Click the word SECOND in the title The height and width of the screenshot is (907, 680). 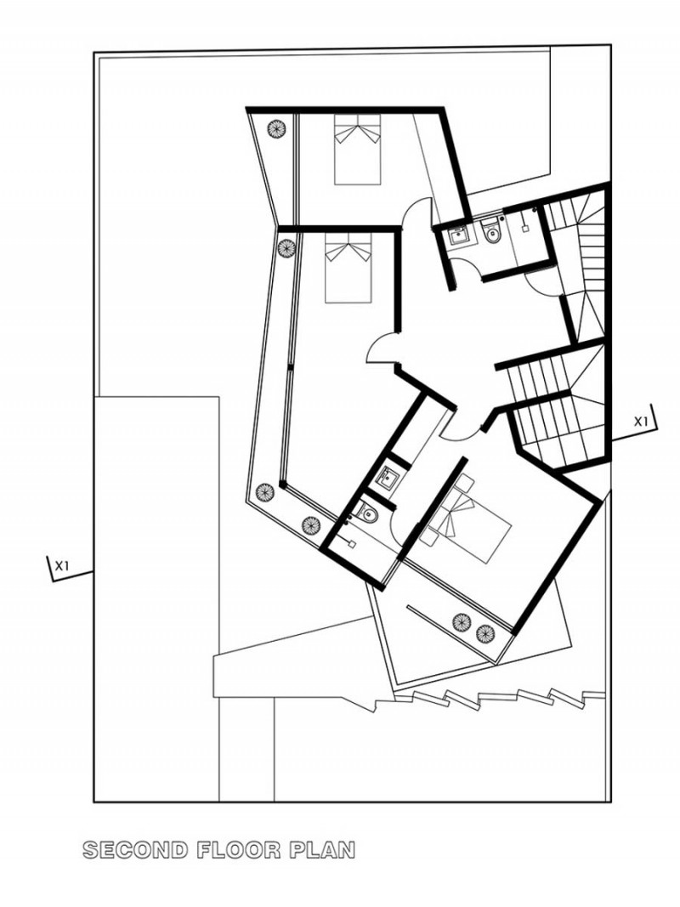tap(136, 850)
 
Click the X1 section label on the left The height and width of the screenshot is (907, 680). tap(62, 566)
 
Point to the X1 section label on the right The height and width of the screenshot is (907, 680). tap(641, 421)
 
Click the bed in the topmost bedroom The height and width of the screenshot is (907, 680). tap(358, 150)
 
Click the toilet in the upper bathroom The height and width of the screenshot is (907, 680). tap(492, 230)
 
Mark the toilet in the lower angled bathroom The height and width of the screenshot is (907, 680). tap(366, 512)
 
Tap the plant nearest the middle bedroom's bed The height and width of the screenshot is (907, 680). tap(286, 247)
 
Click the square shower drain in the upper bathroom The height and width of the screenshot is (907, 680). tap(525, 229)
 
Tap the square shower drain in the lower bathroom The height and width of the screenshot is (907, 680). tap(352, 544)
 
